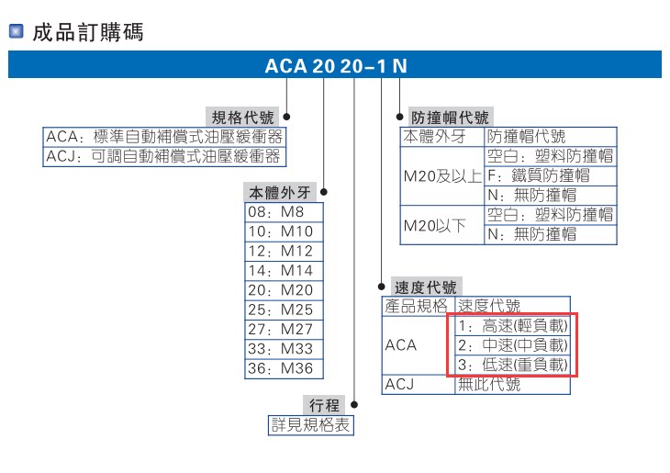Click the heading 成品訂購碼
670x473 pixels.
[x=87, y=34]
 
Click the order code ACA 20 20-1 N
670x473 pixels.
[x=335, y=66]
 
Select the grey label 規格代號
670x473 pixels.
[x=242, y=118]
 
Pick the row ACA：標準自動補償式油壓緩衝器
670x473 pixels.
[x=164, y=137]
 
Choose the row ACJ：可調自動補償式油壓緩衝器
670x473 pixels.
[x=164, y=156]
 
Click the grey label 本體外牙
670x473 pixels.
[x=279, y=194]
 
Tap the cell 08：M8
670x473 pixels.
[x=282, y=212]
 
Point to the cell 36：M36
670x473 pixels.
[x=282, y=368]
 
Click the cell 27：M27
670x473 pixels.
[x=282, y=329]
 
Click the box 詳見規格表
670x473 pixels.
[x=310, y=424]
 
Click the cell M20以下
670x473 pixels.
[x=441, y=224]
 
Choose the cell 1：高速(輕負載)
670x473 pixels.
[x=512, y=326]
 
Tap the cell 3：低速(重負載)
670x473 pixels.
[x=512, y=365]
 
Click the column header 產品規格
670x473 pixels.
[x=418, y=306]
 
